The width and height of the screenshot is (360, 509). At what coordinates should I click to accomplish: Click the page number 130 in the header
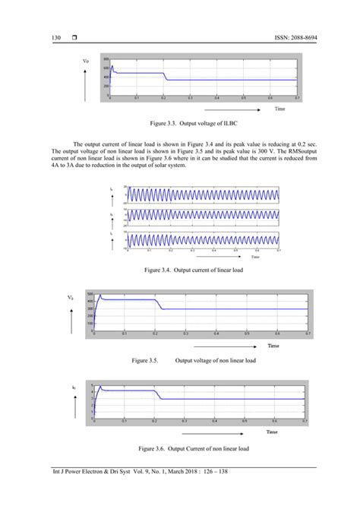coord(55,37)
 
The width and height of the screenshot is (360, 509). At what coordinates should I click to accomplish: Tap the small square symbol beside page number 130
coord(75,37)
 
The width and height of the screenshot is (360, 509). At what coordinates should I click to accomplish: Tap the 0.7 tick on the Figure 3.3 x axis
coord(298,99)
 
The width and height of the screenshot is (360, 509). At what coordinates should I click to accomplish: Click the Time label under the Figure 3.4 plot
coord(257,257)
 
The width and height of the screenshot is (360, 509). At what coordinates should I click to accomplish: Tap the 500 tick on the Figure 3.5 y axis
coord(89,293)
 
